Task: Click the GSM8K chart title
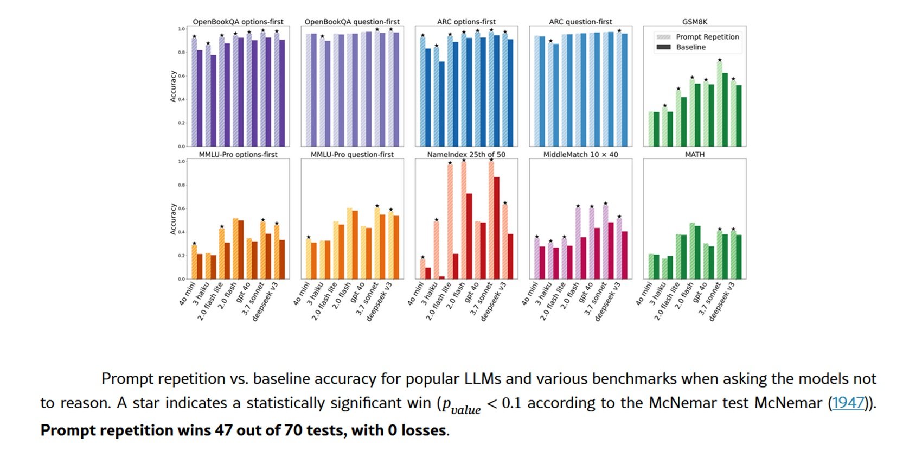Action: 694,22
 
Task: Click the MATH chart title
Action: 694,155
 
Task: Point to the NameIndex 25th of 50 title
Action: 466,155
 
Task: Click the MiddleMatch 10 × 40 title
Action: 580,155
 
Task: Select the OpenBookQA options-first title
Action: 238,22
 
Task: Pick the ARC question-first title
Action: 580,22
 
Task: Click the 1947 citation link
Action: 848,403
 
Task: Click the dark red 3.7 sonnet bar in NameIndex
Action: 496,228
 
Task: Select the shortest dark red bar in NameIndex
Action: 441,277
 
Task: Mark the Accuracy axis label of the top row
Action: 174,86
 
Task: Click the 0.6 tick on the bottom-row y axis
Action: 181,208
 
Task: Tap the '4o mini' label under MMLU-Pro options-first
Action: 187,294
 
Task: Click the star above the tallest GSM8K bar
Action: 720,60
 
